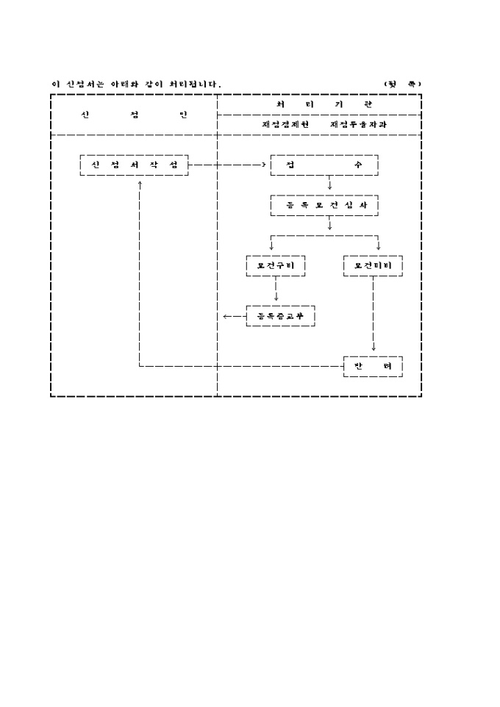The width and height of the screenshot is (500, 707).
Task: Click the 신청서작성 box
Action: point(134,165)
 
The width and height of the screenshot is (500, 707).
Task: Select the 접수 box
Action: point(324,165)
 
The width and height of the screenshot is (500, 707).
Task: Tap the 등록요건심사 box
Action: point(324,205)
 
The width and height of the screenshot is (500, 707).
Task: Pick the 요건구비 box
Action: point(276,265)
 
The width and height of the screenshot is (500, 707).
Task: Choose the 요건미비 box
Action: point(373,265)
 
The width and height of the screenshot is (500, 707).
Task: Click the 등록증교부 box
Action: point(280,316)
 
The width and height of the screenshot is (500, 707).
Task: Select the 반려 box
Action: point(373,366)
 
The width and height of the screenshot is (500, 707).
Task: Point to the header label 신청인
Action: point(134,115)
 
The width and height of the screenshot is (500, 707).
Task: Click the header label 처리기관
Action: point(319,104)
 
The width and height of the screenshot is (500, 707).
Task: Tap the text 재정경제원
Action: point(285,125)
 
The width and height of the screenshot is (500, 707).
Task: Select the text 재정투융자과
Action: point(358,125)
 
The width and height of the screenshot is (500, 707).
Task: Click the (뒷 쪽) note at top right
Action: point(402,84)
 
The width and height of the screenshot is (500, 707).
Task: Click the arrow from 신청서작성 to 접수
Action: point(228,165)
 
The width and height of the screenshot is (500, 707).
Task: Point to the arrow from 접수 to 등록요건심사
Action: point(329,184)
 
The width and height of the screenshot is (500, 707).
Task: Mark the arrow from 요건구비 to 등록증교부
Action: point(276,290)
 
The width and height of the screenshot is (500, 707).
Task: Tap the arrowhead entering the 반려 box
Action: point(374,348)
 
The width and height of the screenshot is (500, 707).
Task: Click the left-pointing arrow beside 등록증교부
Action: point(229,317)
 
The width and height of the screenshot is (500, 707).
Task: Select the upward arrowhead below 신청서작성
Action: point(139,182)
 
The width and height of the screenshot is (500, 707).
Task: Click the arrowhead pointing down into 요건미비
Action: point(379,247)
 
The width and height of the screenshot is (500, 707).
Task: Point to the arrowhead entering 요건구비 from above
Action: point(271,247)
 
